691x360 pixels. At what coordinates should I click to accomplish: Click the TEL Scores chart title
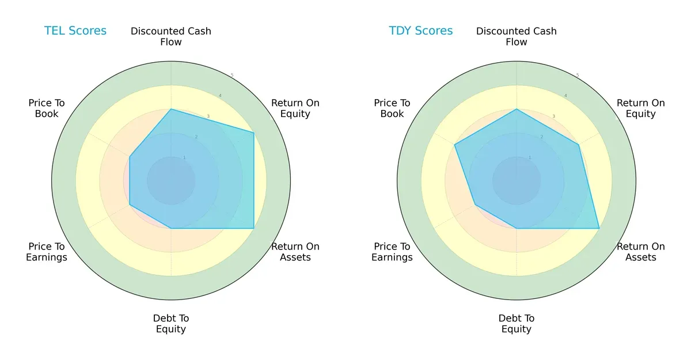coord(75,31)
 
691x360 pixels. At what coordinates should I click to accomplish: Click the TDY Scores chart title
coord(421,31)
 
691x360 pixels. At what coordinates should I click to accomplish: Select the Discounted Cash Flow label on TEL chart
coord(171,36)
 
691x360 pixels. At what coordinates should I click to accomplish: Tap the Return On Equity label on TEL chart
coord(295,108)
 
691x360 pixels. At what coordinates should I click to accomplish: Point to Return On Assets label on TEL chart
coord(295,252)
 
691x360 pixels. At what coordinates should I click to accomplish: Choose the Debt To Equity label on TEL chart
coord(171,324)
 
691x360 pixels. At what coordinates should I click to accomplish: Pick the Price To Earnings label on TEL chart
coord(47,252)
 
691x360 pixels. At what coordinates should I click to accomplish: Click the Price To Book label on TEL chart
coord(47,108)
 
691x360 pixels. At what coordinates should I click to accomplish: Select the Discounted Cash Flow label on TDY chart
coord(517,36)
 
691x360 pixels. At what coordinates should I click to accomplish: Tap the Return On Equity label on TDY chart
coord(641,108)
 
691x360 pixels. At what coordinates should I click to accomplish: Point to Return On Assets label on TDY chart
coord(641,252)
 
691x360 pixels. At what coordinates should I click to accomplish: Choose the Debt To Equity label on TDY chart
coord(517,324)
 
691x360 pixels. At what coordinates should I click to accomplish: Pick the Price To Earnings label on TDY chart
coord(392,252)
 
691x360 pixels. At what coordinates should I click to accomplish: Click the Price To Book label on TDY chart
coord(392,108)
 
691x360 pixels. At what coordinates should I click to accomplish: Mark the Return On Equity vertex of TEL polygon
coord(254,132)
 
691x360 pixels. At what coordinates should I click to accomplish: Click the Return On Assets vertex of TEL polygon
coord(254,229)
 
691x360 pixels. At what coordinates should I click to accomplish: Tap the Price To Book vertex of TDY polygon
coord(455,145)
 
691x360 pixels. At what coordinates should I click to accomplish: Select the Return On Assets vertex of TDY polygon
coord(599,229)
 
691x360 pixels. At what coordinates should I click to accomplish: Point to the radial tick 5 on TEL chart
coord(232,75)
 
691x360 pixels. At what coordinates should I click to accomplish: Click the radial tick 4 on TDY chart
coord(565,96)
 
